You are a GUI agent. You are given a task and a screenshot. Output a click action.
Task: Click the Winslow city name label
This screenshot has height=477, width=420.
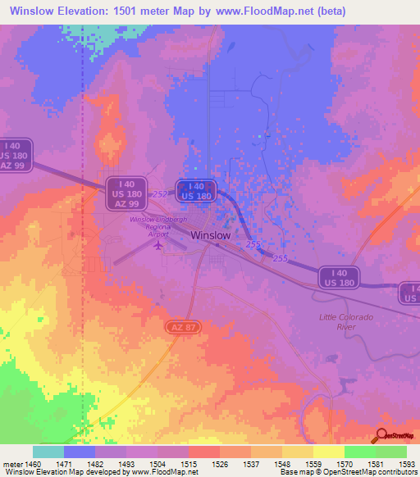(210, 234)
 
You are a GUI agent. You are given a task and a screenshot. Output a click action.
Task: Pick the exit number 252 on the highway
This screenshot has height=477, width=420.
(159, 193)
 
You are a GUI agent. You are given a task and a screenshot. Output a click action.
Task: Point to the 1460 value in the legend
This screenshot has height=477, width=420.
(33, 464)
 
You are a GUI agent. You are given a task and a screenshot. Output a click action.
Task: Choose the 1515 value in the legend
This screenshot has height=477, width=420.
(189, 464)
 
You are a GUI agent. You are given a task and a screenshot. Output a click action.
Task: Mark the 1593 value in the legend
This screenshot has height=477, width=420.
(406, 464)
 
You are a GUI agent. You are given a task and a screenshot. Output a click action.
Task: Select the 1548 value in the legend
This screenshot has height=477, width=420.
(281, 464)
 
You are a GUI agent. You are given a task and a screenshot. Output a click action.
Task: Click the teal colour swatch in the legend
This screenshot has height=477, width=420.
(48, 452)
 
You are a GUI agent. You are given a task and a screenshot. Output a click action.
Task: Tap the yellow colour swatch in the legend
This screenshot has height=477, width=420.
(328, 452)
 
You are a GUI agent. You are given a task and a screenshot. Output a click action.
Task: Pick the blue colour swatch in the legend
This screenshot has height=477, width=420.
(80, 452)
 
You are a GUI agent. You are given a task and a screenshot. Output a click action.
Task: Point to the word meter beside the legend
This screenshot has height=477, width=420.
(12, 464)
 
